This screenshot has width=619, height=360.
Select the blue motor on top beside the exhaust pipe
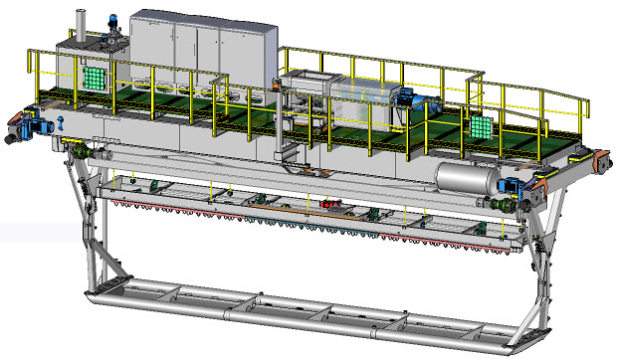112,23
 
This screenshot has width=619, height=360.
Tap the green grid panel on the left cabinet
94,77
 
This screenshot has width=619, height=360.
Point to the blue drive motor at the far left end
39,124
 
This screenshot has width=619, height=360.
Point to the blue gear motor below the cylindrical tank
514,190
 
